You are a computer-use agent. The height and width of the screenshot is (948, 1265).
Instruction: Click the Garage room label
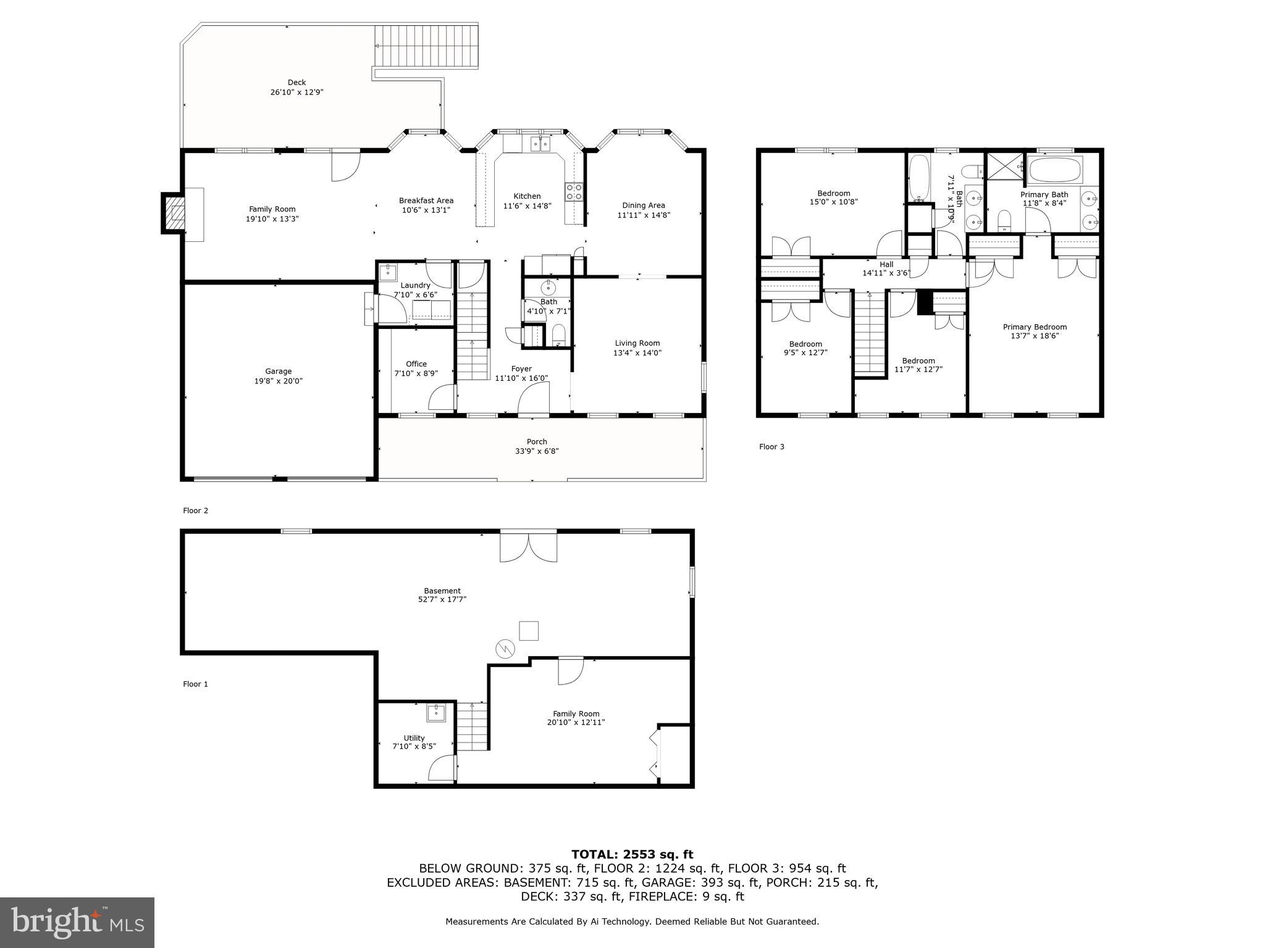tap(278, 372)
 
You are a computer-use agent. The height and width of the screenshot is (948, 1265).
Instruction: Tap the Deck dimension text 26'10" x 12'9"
tap(296, 93)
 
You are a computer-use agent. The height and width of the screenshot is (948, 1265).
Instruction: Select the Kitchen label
tap(527, 196)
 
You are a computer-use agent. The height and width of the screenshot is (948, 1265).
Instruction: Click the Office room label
tap(416, 364)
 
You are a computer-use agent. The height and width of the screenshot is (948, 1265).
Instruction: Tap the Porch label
tap(537, 442)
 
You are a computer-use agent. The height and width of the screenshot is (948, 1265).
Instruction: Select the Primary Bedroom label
tap(1035, 327)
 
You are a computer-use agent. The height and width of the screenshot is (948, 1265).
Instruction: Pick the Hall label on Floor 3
tap(886, 264)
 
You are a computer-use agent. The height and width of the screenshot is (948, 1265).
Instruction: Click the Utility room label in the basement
tap(414, 738)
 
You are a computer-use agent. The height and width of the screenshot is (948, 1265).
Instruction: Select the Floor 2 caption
tap(195, 510)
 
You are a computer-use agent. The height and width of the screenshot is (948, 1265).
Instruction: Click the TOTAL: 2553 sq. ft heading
tap(632, 854)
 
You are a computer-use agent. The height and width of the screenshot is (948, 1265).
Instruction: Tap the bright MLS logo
tap(77, 923)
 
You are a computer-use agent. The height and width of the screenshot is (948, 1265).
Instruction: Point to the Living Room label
tap(637, 343)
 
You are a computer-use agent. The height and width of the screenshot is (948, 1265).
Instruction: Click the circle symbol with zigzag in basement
tap(504, 649)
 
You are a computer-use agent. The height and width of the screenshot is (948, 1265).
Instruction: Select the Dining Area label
tap(643, 206)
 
